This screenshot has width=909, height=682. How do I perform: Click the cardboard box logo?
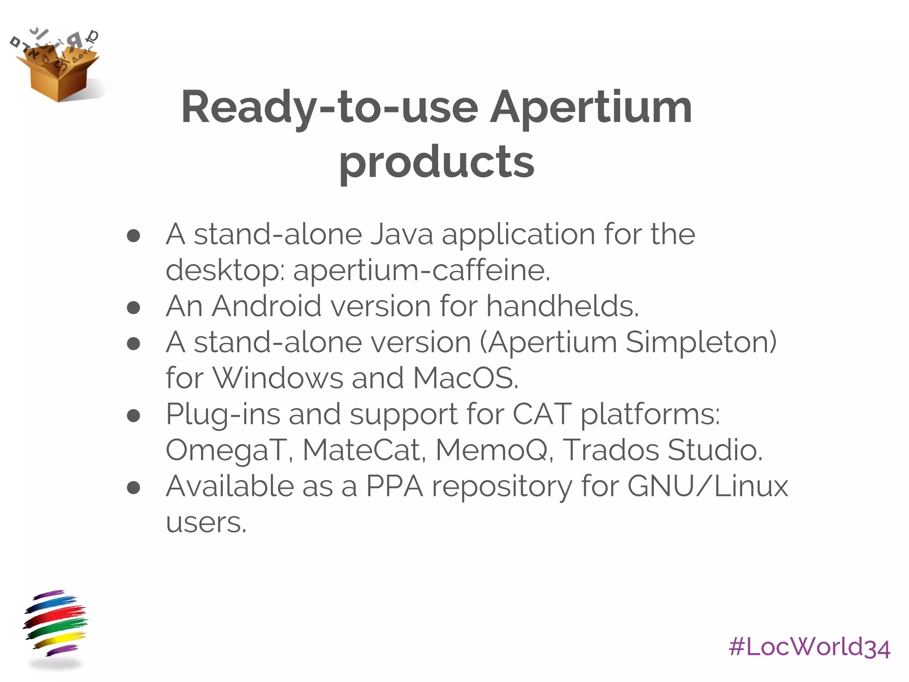(x=58, y=67)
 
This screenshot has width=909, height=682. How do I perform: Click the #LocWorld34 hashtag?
(x=809, y=647)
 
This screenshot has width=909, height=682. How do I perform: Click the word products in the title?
(x=437, y=162)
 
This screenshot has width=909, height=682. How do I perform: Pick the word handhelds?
(x=562, y=306)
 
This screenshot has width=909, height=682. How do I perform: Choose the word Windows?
(x=278, y=378)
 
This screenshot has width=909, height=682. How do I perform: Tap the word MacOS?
(x=465, y=378)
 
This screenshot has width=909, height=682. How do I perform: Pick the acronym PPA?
(x=395, y=486)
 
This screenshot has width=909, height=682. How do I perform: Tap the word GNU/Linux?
(x=707, y=486)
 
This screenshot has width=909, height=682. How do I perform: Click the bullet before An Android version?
(x=134, y=307)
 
